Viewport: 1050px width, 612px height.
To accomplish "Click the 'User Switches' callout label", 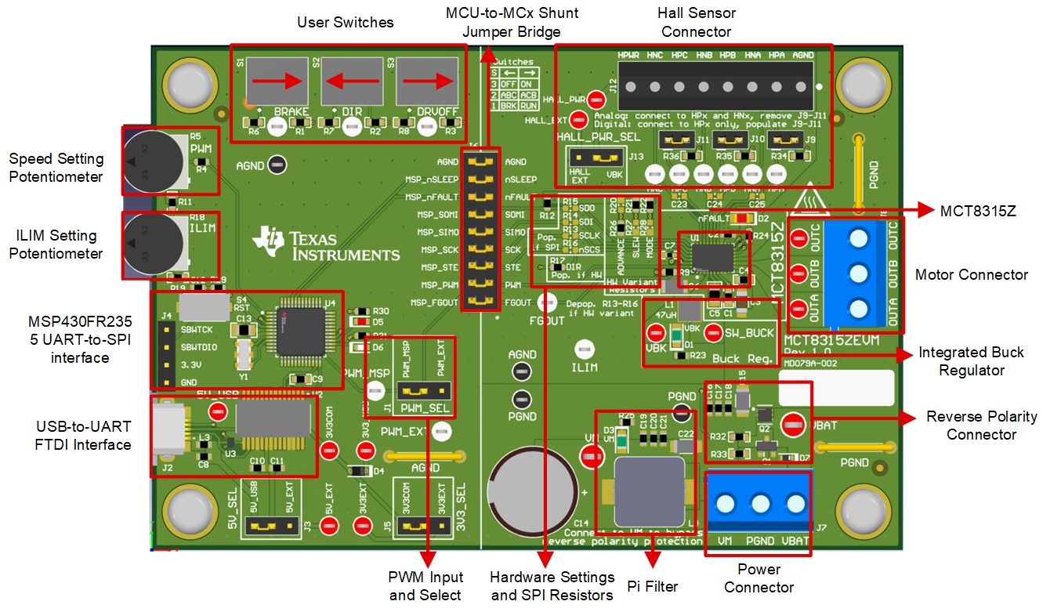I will (345, 23).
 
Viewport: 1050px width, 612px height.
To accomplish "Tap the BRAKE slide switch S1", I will (277, 81).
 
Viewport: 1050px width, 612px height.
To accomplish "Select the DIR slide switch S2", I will (351, 81).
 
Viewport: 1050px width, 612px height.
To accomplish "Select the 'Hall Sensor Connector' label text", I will (697, 23).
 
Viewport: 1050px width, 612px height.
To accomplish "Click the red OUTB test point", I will (798, 273).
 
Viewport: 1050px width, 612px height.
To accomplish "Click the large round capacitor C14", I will (522, 480).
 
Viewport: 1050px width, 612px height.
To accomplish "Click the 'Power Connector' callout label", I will (759, 578).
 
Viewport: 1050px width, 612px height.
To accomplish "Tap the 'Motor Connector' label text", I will (971, 274).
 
